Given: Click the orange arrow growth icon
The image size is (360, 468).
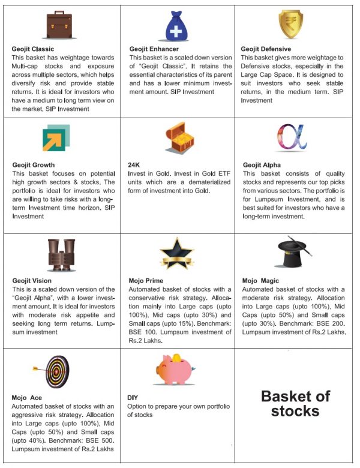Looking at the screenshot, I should pos(56,139).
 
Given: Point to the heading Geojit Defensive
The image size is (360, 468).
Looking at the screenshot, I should pos(266,49).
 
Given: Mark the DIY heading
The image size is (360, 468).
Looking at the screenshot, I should pos(133,397).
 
